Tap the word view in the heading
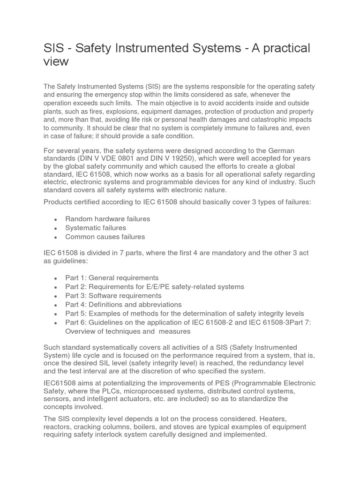pyautogui.click(x=56, y=61)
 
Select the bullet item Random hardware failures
pyautogui.click(x=108, y=219)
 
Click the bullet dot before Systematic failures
pyautogui.click(x=56, y=228)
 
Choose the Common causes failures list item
pyautogui.click(x=105, y=237)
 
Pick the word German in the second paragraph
pyautogui.click(x=280, y=150)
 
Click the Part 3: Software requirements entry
pyautogui.click(x=113, y=296)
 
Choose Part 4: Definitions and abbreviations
pyautogui.click(x=123, y=305)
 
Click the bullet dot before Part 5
pyautogui.click(x=56, y=314)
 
